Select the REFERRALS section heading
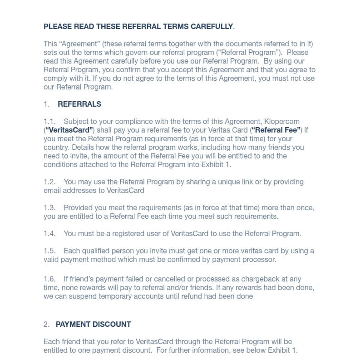pos(79,104)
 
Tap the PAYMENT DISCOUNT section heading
pos(93,324)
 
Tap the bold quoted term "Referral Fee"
pos(276,130)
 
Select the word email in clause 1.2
pos(53,190)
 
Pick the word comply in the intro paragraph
pos(55,78)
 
